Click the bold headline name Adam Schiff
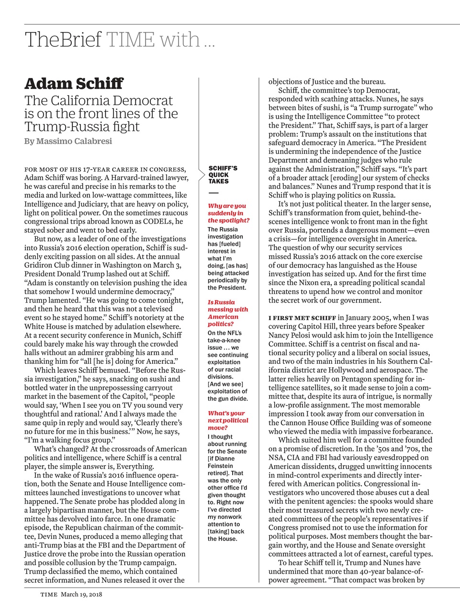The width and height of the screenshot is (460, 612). click(74, 84)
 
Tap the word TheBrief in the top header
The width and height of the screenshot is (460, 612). click(63, 40)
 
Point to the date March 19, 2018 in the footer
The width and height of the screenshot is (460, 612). click(81, 594)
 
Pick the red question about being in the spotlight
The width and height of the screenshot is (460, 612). click(228, 213)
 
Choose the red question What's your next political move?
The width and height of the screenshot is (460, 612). click(228, 420)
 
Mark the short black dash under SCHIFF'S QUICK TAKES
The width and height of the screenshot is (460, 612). click(213, 193)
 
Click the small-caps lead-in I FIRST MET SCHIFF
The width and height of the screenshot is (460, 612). click(302, 317)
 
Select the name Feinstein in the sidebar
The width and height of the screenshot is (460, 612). click(220, 466)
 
